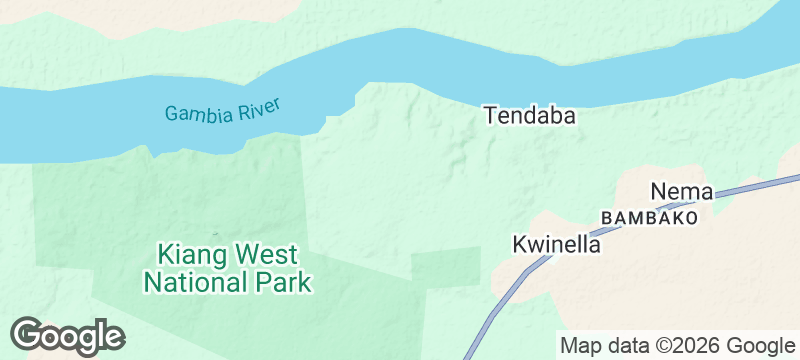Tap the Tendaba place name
pos(530,116)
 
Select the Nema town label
pos(681,191)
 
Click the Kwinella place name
pos(556,245)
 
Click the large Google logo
pos(67,336)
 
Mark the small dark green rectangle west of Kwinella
pos(445,265)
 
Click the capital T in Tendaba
pos(491,116)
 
